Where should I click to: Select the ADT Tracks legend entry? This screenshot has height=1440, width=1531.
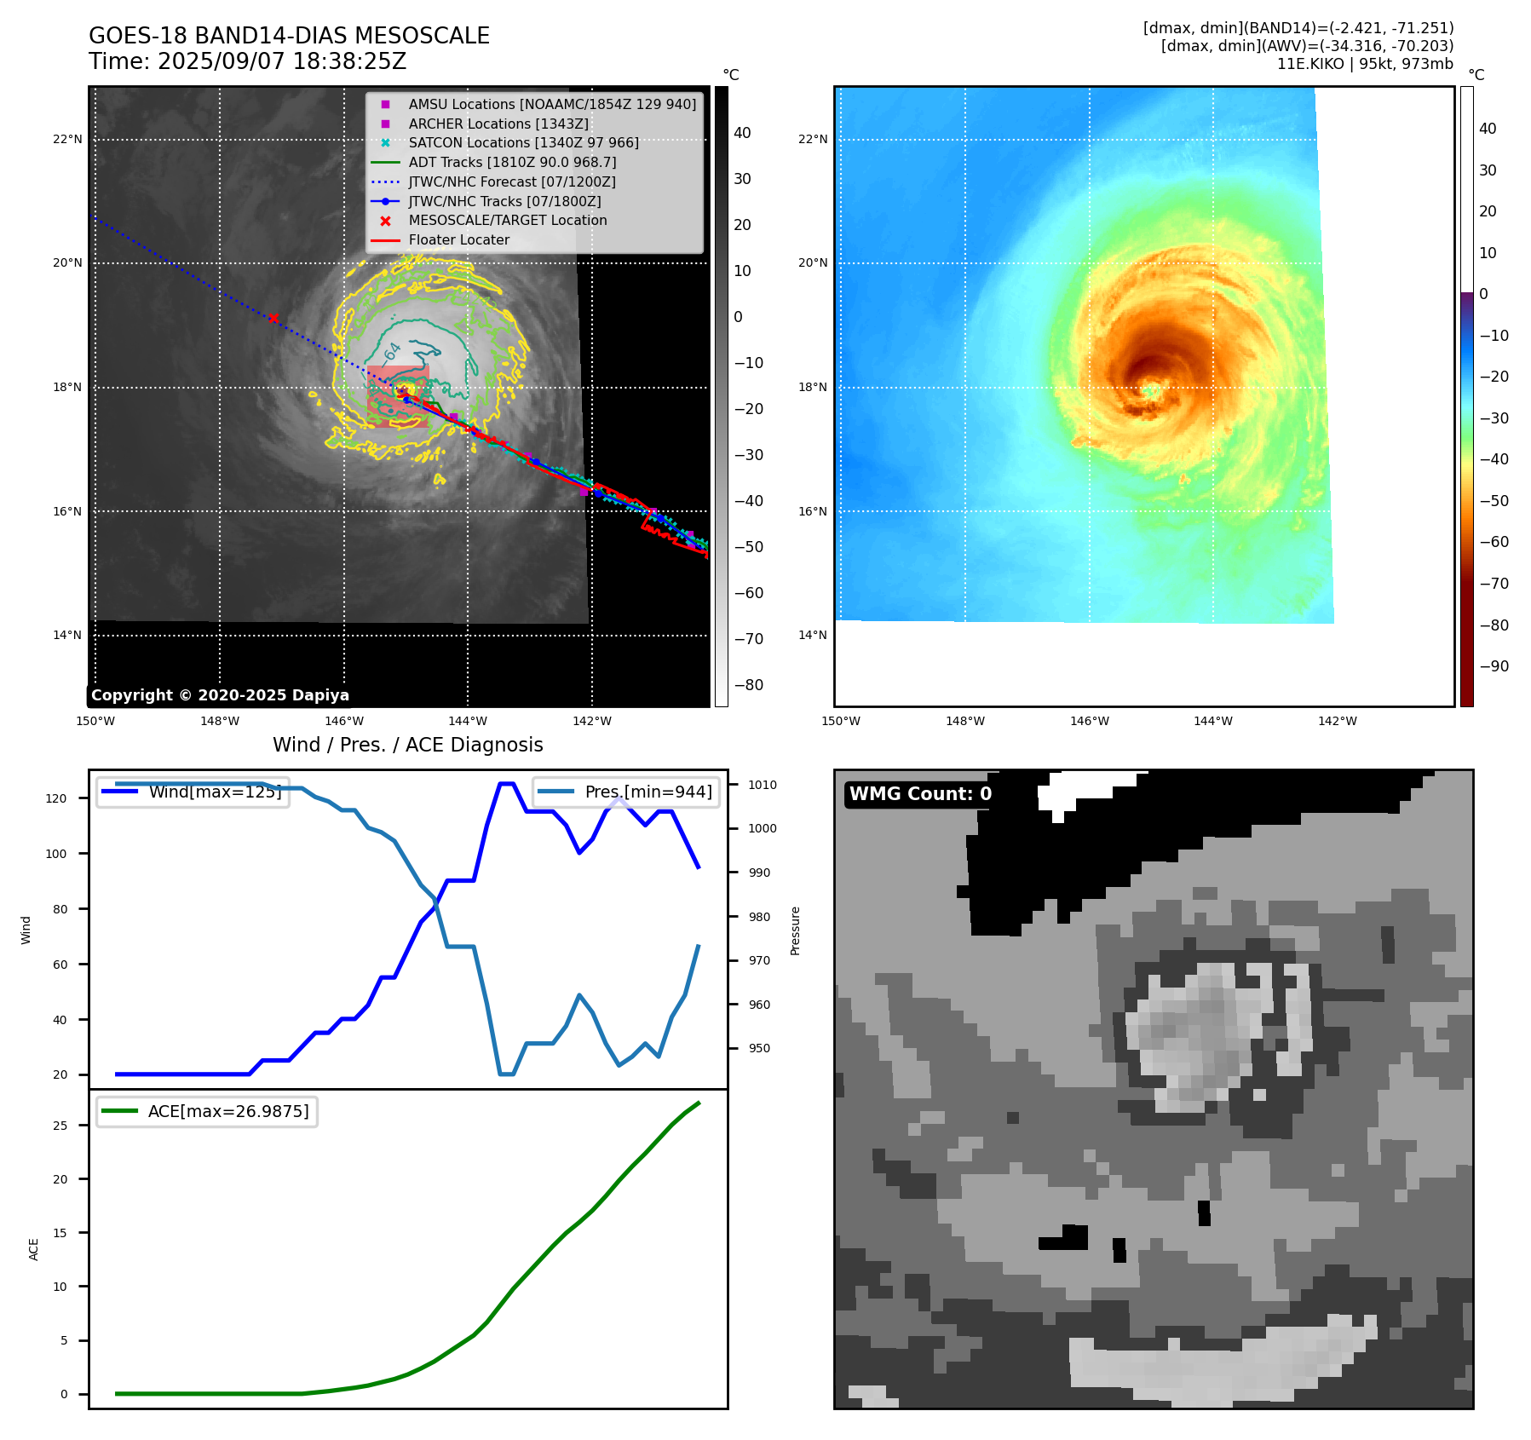coord(512,162)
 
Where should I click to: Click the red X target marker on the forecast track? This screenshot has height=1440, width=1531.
coord(273,319)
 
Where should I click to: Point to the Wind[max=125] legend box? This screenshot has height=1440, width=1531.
coord(193,792)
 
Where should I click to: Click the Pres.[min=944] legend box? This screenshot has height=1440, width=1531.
coord(626,792)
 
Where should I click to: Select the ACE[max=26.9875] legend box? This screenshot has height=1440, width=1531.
coord(207,1111)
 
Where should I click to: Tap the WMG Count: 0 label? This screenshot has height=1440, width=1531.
coord(920,794)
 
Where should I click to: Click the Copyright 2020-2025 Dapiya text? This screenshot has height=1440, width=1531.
coord(220,695)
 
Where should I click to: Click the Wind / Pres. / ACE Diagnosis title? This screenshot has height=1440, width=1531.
coord(407,745)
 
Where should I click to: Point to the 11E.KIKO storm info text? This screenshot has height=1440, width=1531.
coord(1364,64)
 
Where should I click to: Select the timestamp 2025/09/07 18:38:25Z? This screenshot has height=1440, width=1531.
coord(281,62)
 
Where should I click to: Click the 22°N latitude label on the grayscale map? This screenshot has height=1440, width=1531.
coord(68,139)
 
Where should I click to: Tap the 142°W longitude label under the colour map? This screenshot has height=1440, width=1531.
coord(1337,721)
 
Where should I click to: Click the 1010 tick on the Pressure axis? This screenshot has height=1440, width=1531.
coord(763,785)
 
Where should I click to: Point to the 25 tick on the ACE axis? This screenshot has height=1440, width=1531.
coord(60,1126)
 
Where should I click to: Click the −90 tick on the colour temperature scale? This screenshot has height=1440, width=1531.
coord(1494,666)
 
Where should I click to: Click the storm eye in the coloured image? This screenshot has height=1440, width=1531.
coord(1150,390)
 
